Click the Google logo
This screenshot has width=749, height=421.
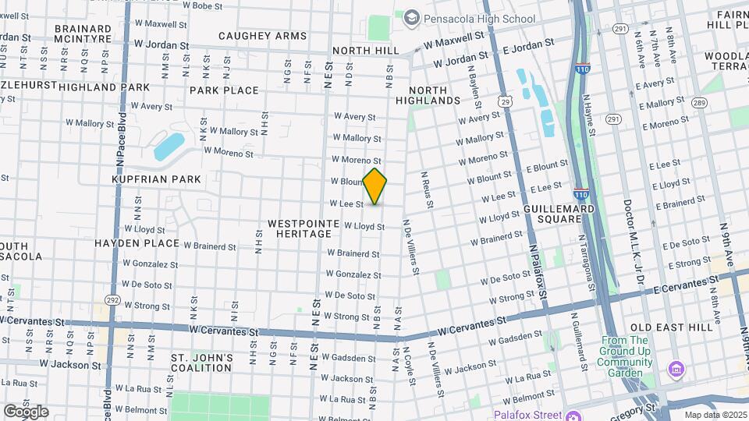pos(26,411)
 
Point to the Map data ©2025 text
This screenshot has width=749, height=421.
pos(715,414)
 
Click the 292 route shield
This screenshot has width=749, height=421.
pos(112,299)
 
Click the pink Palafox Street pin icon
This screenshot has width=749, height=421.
pos(573,414)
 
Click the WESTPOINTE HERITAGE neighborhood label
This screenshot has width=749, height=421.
pos(304,229)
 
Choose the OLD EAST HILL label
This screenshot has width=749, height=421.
pos(671,327)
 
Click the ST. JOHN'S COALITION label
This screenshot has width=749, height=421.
pos(202,363)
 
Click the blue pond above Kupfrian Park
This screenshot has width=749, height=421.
pos(169,146)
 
